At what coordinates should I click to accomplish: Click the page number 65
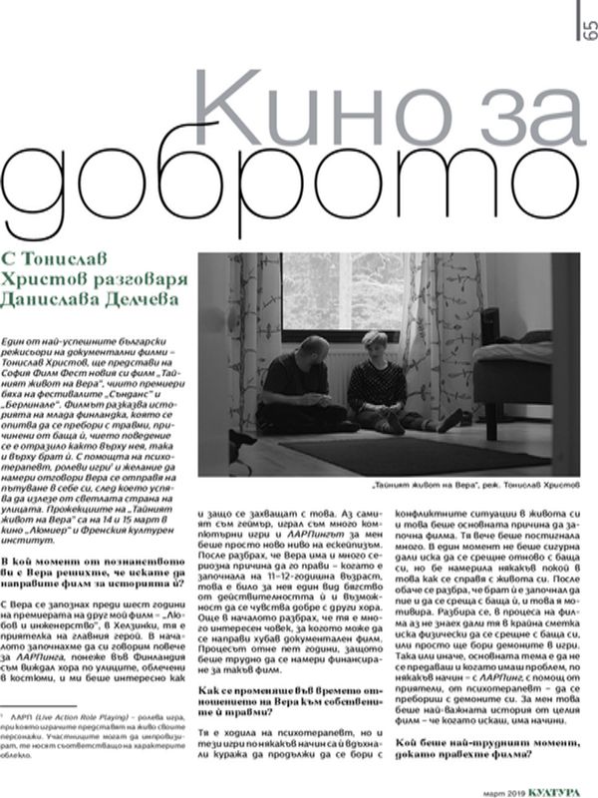tap(581, 31)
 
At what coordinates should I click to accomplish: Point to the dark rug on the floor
tap(399, 449)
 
